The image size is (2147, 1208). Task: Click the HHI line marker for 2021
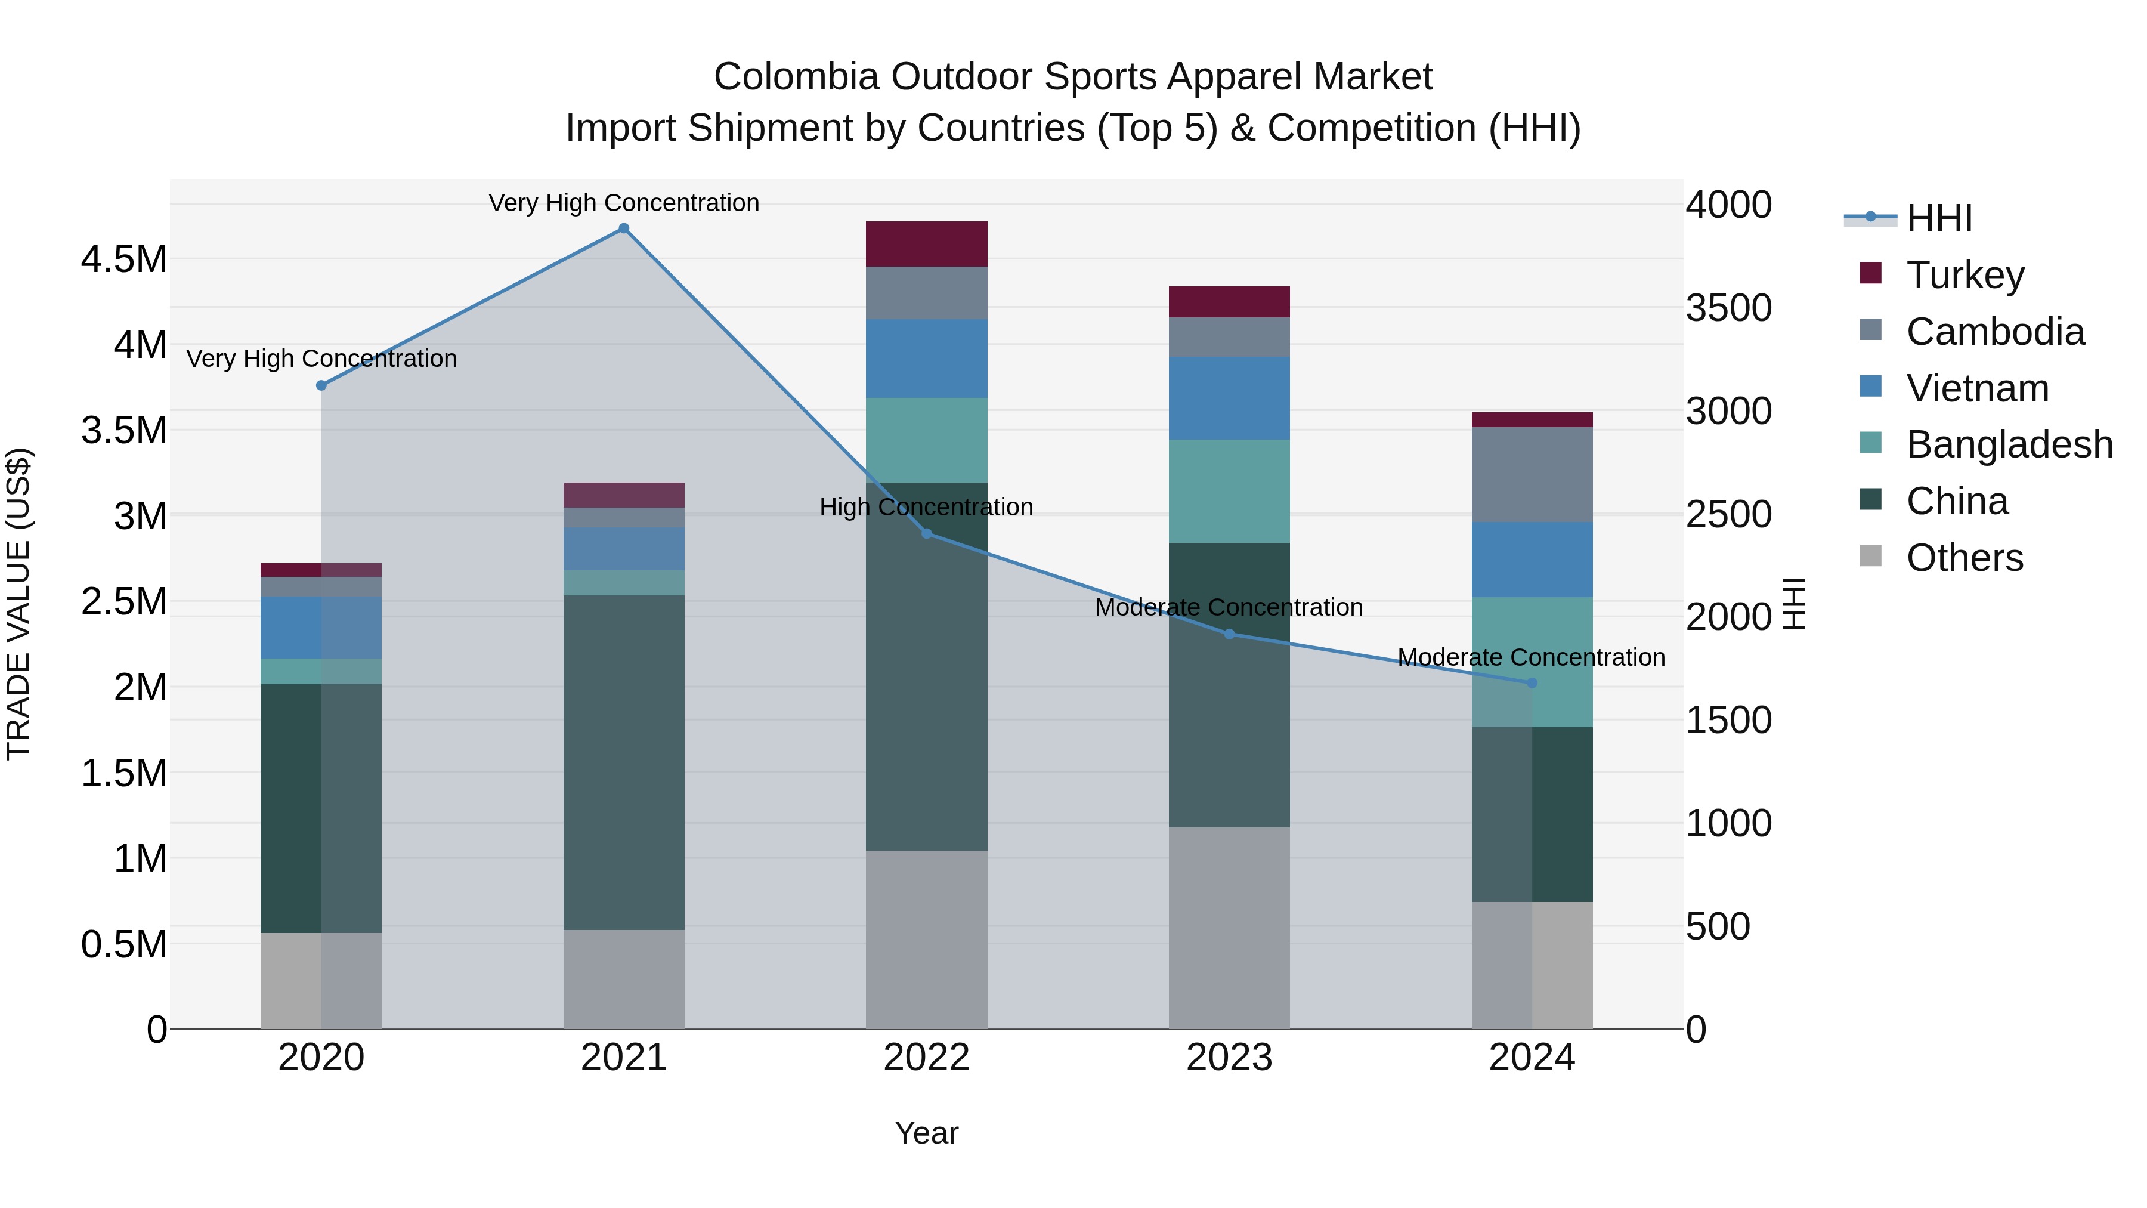coord(623,228)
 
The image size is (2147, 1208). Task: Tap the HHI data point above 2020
coord(321,385)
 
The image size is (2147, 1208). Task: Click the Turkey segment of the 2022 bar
coord(926,243)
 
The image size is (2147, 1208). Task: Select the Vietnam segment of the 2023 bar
coord(1229,398)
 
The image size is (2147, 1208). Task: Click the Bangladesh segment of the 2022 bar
coord(926,439)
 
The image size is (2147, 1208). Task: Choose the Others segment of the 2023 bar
coord(1229,927)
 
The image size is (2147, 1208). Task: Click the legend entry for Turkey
coord(1965,275)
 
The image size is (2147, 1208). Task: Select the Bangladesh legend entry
coord(2009,444)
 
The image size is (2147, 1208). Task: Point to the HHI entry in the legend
coord(1939,218)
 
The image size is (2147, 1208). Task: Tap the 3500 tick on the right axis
coord(1728,308)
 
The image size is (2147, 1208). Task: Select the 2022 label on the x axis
coord(926,1058)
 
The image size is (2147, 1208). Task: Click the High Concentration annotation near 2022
coord(926,507)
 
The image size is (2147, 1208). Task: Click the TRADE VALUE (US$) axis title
coord(18,604)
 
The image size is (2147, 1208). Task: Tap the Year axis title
coord(926,1133)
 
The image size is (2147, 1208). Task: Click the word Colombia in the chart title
coord(796,77)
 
